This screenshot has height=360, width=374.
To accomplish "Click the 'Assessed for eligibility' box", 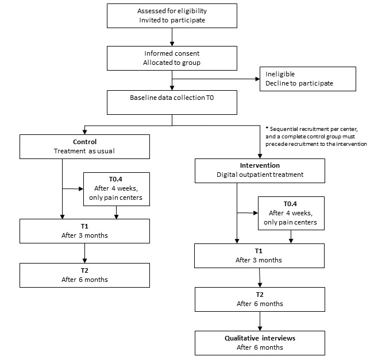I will coord(172,16).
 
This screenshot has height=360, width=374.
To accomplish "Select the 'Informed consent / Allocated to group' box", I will coord(172,56).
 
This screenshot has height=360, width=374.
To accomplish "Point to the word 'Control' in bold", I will coord(84,142).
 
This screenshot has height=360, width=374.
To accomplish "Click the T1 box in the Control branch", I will coord(84,230).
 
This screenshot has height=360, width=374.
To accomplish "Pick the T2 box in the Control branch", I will coord(84,275).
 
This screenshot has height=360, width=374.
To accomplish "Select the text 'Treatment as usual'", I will coord(84,152).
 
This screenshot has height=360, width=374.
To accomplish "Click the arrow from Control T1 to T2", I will coord(84,253).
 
